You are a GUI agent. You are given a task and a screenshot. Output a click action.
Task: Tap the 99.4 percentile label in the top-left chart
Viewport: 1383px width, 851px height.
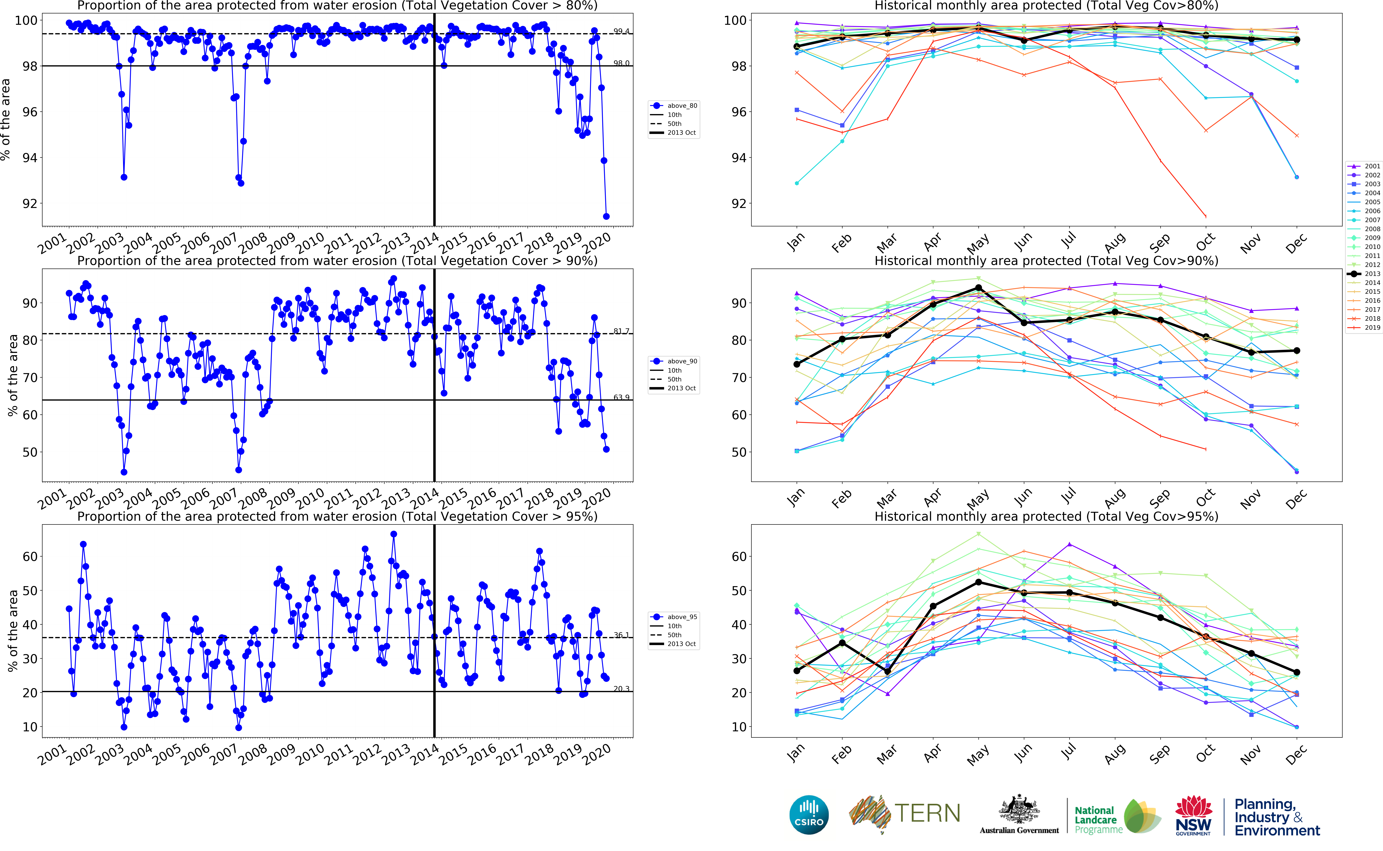pyautogui.click(x=621, y=31)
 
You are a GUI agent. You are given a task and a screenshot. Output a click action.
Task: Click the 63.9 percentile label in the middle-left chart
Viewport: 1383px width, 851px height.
pyautogui.click(x=621, y=397)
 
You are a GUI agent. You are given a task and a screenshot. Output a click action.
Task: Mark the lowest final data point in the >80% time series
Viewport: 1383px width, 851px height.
pyautogui.click(x=606, y=216)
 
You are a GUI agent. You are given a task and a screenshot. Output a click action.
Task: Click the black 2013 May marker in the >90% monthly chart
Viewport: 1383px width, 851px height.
pyautogui.click(x=979, y=288)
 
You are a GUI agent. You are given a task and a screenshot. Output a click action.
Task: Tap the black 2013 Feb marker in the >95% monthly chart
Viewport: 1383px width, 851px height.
pyautogui.click(x=842, y=643)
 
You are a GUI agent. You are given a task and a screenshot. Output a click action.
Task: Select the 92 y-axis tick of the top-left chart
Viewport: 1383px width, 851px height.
pyautogui.click(x=29, y=204)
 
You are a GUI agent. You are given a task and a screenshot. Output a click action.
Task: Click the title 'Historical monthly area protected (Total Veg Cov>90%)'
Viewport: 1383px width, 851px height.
pyautogui.click(x=1046, y=261)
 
